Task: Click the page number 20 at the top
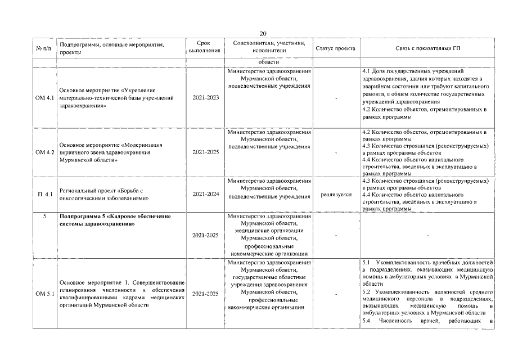pos(263,34)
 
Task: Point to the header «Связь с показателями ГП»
pos(427,48)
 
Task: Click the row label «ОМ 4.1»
pos(45,98)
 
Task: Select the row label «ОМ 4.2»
pos(45,152)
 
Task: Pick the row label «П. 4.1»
pos(45,195)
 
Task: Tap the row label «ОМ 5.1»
pos(45,294)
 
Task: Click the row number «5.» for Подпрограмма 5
pos(45,215)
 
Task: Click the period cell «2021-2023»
pos(205,98)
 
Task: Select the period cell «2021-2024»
pos(205,195)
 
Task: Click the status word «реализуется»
pos(336,195)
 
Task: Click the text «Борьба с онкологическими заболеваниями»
pos(107,195)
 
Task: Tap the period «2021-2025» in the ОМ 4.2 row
pos(205,152)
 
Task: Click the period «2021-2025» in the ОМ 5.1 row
pos(205,294)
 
